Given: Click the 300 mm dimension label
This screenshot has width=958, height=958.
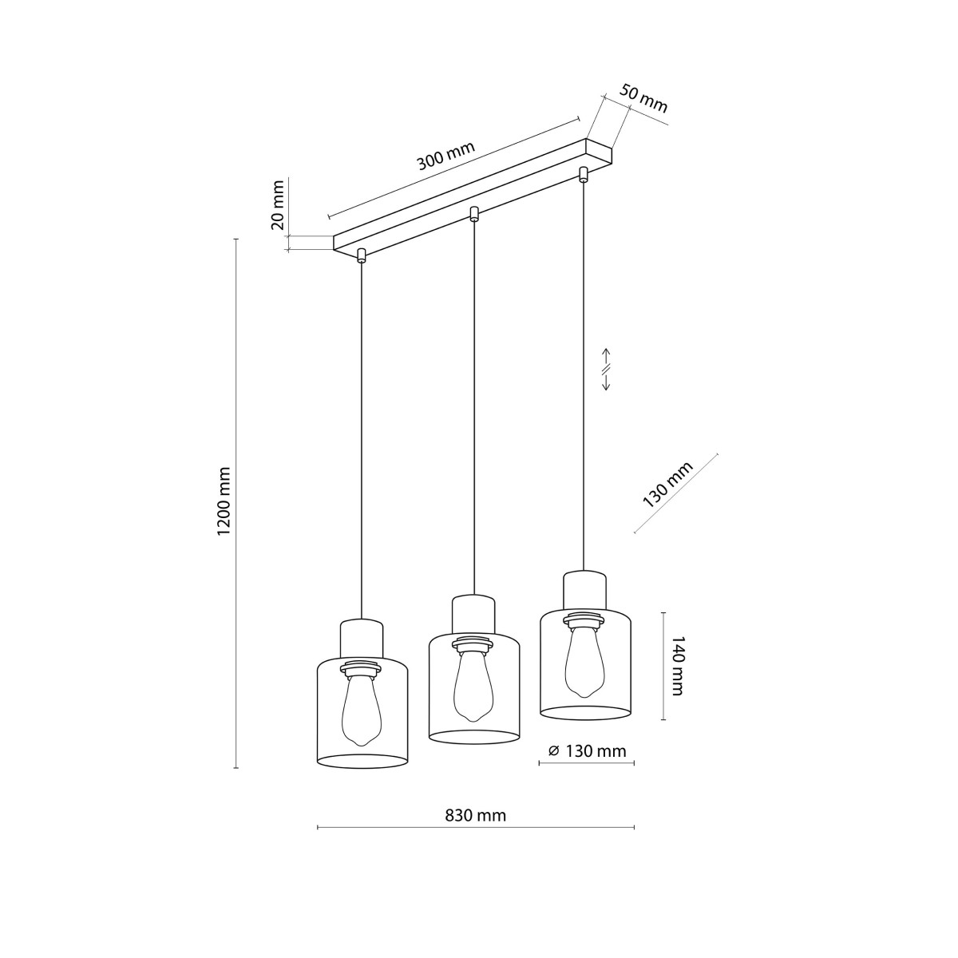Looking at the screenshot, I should pyautogui.click(x=445, y=157).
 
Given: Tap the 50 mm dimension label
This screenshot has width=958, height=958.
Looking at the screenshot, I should pyautogui.click(x=643, y=98).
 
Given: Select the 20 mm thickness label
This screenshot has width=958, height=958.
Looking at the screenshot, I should pyautogui.click(x=278, y=205).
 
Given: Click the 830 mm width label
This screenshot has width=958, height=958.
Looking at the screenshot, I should pyautogui.click(x=475, y=815).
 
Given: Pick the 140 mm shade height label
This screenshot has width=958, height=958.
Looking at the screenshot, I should pyautogui.click(x=676, y=666).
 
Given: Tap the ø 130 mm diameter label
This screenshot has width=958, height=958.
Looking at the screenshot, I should pyautogui.click(x=587, y=751).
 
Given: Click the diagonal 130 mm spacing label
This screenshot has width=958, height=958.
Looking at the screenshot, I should pyautogui.click(x=668, y=485).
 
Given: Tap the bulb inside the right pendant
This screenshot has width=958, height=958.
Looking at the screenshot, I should pyautogui.click(x=583, y=658).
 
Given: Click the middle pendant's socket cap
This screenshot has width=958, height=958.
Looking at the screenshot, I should pyautogui.click(x=474, y=613).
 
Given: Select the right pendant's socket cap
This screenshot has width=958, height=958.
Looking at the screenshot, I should pyautogui.click(x=584, y=589).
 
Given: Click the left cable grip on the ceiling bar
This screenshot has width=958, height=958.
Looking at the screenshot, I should pyautogui.click(x=362, y=255).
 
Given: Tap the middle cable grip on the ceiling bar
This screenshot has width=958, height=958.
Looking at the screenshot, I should pyautogui.click(x=474, y=213).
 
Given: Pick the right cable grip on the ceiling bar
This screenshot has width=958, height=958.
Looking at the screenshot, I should pyautogui.click(x=584, y=174).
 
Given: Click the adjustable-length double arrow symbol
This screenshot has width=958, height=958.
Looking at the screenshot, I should pyautogui.click(x=606, y=370).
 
